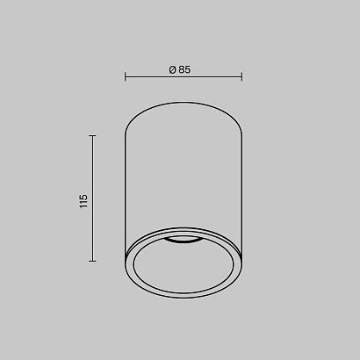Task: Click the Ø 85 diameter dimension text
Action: tap(180, 69)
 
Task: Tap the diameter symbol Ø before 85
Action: tap(172, 69)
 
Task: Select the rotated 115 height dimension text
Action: tap(83, 201)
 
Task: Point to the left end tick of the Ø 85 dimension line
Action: tap(126, 76)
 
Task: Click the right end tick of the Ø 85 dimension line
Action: tap(241, 76)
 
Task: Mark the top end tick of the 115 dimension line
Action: tap(92, 136)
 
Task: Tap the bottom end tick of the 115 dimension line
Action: tap(92, 261)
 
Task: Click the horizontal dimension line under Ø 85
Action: tap(184, 77)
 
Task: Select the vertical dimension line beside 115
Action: tap(92, 198)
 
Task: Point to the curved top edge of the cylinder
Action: tap(184, 102)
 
